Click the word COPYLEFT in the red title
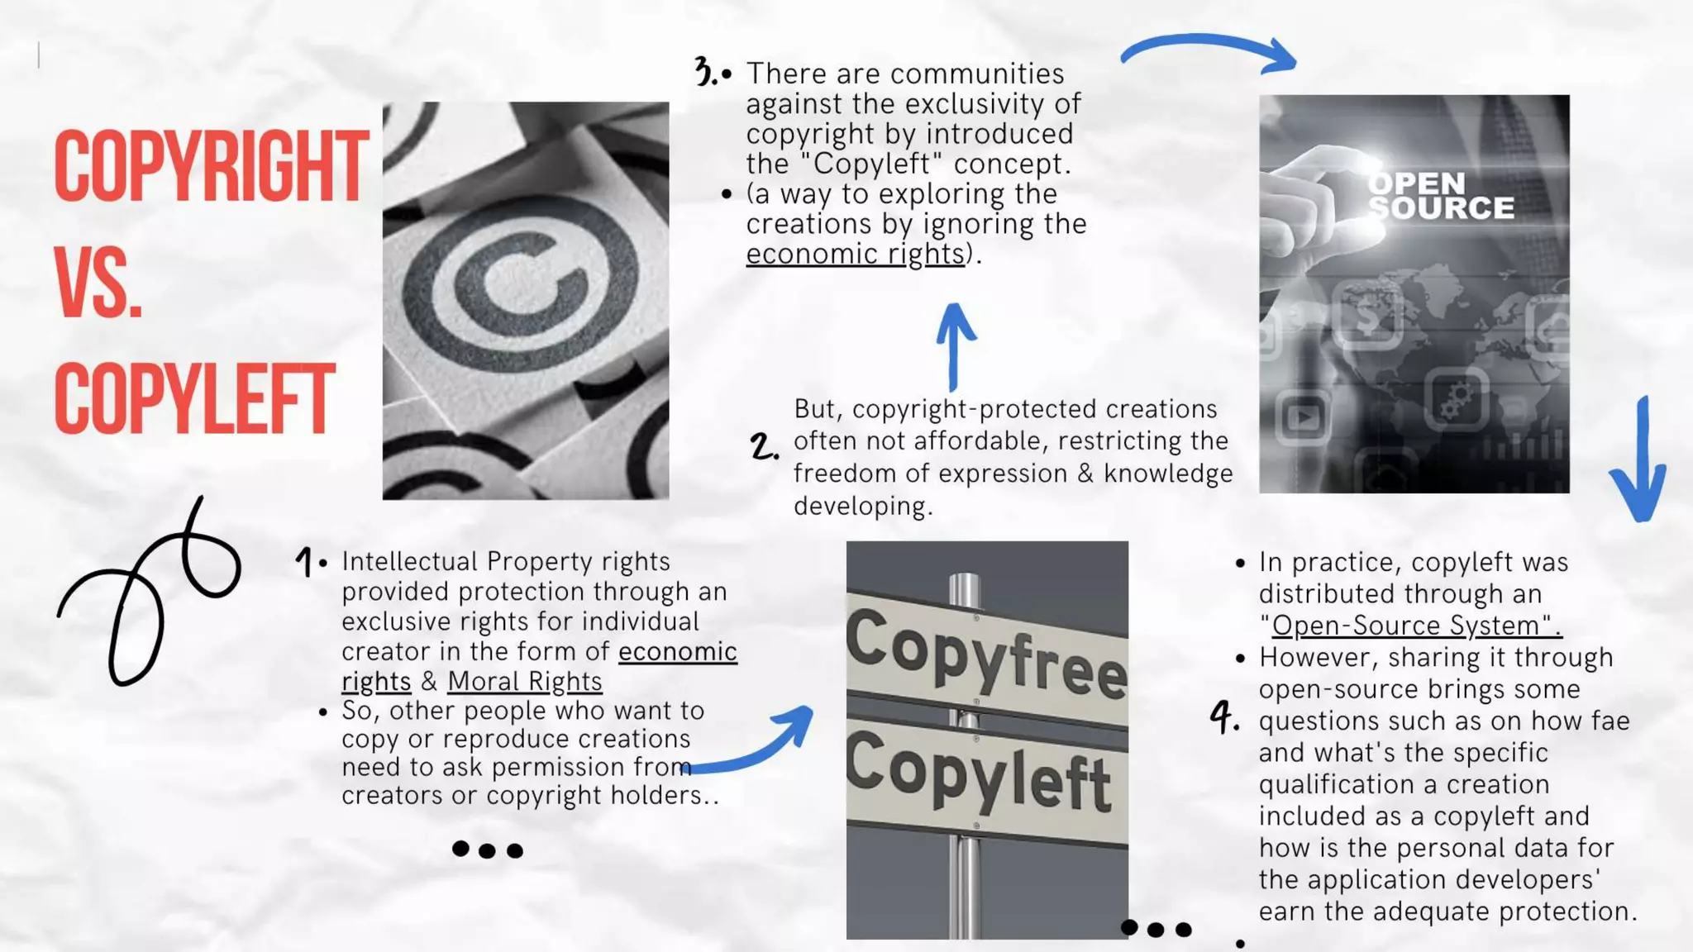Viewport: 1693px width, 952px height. pos(194,399)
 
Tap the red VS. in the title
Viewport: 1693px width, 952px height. pos(98,283)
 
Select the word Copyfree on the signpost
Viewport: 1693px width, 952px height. pos(985,654)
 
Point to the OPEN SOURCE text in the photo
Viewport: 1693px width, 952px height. pos(1441,196)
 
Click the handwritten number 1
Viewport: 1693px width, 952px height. pos(304,562)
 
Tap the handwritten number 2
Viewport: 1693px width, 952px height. pos(764,446)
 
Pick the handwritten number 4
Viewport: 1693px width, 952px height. pos(1223,716)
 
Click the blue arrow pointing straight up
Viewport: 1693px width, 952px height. pos(955,345)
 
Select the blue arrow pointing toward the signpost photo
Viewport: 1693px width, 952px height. pos(752,743)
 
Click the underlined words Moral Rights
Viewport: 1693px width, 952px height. pos(524,681)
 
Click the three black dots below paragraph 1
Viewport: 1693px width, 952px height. pos(488,850)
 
